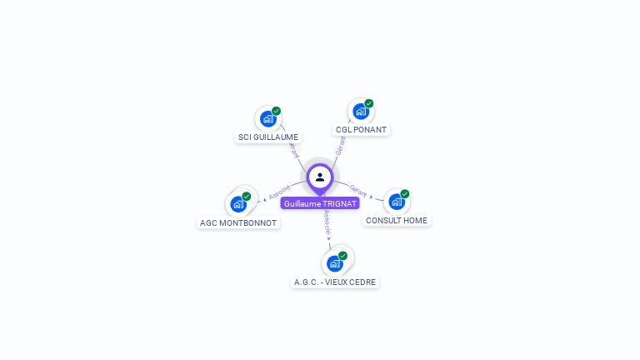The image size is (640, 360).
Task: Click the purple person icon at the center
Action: coord(320,177)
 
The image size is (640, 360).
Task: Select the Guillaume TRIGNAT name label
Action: coord(320,203)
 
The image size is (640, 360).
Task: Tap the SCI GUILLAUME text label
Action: coord(268,137)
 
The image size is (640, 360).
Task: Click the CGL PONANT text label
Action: coord(361,130)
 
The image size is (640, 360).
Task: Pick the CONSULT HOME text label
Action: coord(397,221)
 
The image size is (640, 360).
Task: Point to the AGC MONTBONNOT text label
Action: coord(238,222)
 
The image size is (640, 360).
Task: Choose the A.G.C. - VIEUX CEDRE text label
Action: coord(335,282)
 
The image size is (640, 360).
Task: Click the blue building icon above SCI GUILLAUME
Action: coord(267,118)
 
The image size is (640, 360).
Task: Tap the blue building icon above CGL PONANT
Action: coord(360,111)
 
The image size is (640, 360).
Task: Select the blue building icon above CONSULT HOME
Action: coord(396,201)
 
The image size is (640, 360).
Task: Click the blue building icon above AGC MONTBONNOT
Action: coord(237,203)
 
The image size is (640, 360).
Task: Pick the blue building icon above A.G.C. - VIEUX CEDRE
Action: coord(334,263)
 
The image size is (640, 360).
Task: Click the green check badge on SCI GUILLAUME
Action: coord(277,111)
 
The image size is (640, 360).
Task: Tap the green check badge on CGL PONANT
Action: coord(369,103)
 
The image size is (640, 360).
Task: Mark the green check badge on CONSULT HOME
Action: coord(405,193)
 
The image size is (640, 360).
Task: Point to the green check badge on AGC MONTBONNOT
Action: coord(247,196)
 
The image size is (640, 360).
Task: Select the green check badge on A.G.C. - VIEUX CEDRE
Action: coord(343,256)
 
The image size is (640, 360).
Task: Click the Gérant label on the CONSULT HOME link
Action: coord(358,192)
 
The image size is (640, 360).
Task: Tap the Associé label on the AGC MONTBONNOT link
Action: coord(280,191)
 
